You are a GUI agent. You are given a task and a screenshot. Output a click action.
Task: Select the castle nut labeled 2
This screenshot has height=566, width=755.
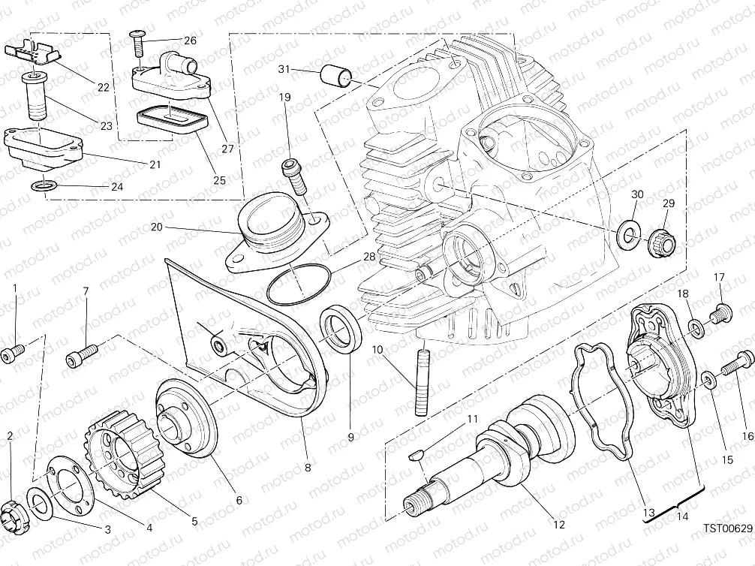(x=16, y=512)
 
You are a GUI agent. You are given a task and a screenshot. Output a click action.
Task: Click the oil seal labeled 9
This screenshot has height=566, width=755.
(x=342, y=329)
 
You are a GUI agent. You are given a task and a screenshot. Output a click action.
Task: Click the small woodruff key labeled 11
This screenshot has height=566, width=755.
(x=418, y=453)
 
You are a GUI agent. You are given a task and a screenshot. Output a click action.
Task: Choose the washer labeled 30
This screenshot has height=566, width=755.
(x=627, y=235)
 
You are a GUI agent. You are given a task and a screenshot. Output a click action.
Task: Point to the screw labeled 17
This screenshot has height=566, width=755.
(x=720, y=311)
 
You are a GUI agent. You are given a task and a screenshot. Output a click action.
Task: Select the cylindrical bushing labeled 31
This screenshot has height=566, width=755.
(x=335, y=77)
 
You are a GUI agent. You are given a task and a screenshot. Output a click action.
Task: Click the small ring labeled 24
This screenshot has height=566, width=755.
(x=42, y=185)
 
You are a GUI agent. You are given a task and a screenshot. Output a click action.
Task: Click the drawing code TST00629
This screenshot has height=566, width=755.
(x=726, y=528)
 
